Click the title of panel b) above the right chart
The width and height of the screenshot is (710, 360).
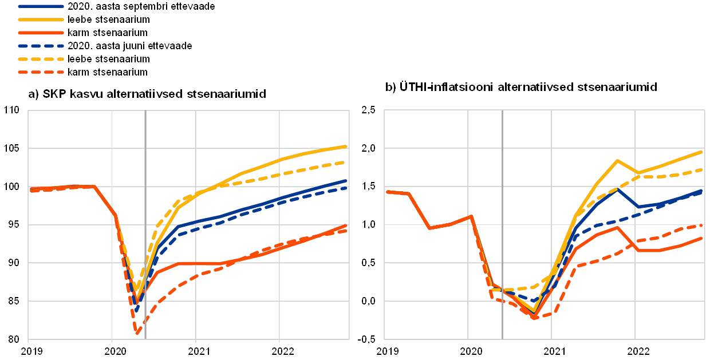tap(521, 88)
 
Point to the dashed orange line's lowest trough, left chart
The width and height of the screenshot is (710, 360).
tap(138, 332)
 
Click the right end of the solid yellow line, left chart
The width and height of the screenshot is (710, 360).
tap(347, 147)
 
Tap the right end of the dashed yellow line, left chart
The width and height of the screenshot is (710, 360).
tap(347, 162)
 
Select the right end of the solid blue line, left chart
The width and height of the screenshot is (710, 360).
tap(347, 181)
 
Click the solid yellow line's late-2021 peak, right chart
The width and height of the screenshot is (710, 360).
tap(617, 161)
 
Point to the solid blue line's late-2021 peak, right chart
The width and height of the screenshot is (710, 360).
tap(617, 189)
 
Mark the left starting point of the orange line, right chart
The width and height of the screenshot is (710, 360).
tap(388, 192)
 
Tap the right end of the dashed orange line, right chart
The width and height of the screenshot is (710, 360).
tap(702, 225)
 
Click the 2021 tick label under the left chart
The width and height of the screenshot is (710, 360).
tap(196, 349)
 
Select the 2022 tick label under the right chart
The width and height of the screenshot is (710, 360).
tap(636, 349)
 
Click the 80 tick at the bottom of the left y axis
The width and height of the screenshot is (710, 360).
tap(13, 338)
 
